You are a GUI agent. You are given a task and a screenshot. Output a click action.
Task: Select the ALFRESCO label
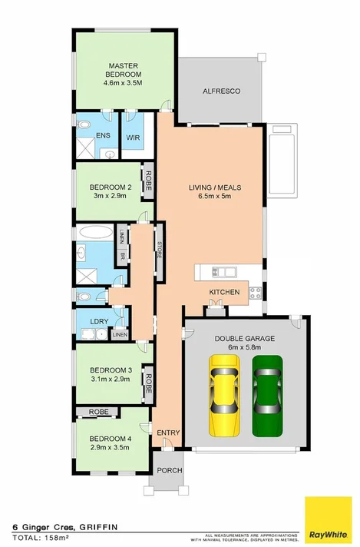(221, 91)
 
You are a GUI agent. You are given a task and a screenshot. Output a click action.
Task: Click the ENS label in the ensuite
(102, 136)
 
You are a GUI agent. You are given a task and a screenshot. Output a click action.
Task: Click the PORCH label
(165, 470)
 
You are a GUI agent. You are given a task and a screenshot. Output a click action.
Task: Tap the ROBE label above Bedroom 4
(98, 413)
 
